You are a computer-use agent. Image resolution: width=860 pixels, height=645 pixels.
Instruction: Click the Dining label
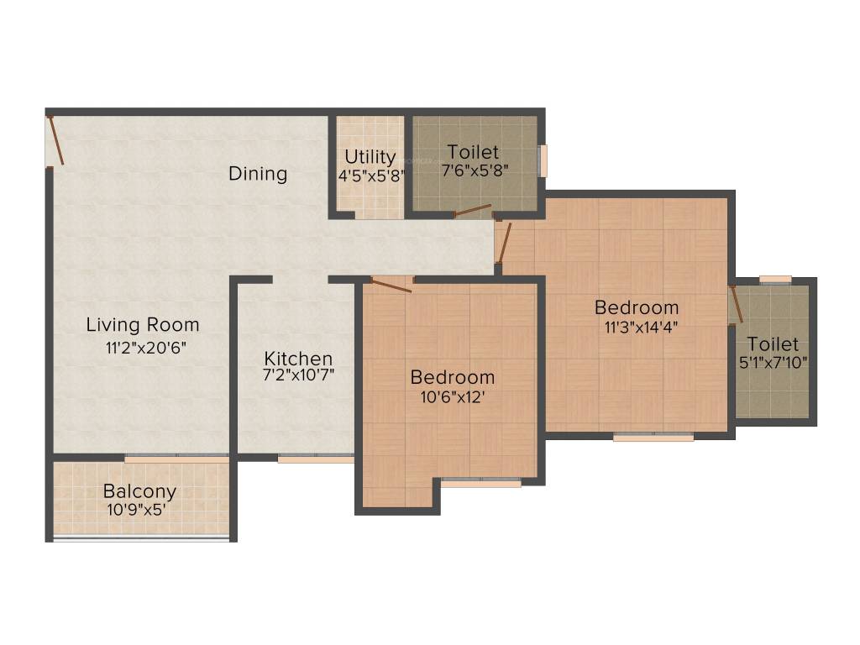[258, 174]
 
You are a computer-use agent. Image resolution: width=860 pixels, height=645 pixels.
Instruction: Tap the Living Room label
[143, 325]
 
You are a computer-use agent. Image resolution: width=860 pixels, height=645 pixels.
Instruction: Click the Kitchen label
[298, 359]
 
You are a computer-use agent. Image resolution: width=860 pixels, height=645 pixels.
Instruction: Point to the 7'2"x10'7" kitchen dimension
[298, 375]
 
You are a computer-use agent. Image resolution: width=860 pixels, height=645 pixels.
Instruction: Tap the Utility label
[370, 157]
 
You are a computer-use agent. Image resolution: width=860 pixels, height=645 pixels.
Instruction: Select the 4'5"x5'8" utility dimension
[370, 177]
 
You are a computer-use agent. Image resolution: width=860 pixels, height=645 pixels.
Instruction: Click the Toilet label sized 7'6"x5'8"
[473, 152]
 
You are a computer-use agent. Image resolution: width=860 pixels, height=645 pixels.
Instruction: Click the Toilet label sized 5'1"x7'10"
[773, 344]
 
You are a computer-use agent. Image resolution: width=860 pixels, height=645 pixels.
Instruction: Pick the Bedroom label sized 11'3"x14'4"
[637, 307]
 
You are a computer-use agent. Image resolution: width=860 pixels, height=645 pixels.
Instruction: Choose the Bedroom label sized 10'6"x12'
[452, 376]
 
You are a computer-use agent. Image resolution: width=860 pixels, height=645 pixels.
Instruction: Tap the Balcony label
[140, 491]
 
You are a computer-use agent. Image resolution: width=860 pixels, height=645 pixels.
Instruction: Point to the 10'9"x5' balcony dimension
[140, 510]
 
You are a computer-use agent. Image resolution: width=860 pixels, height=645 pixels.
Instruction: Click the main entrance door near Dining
[55, 140]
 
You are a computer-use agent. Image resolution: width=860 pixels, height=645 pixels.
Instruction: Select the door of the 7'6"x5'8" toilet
[473, 210]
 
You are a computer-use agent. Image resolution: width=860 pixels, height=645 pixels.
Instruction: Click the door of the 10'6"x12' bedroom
[391, 286]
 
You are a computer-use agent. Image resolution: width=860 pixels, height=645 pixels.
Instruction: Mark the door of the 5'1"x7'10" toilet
[737, 304]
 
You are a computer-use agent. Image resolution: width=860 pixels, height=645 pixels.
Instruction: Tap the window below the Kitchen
[316, 459]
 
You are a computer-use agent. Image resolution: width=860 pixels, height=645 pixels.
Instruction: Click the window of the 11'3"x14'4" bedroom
[653, 437]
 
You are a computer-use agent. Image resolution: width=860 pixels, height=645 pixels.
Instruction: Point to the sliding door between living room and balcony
[176, 459]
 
